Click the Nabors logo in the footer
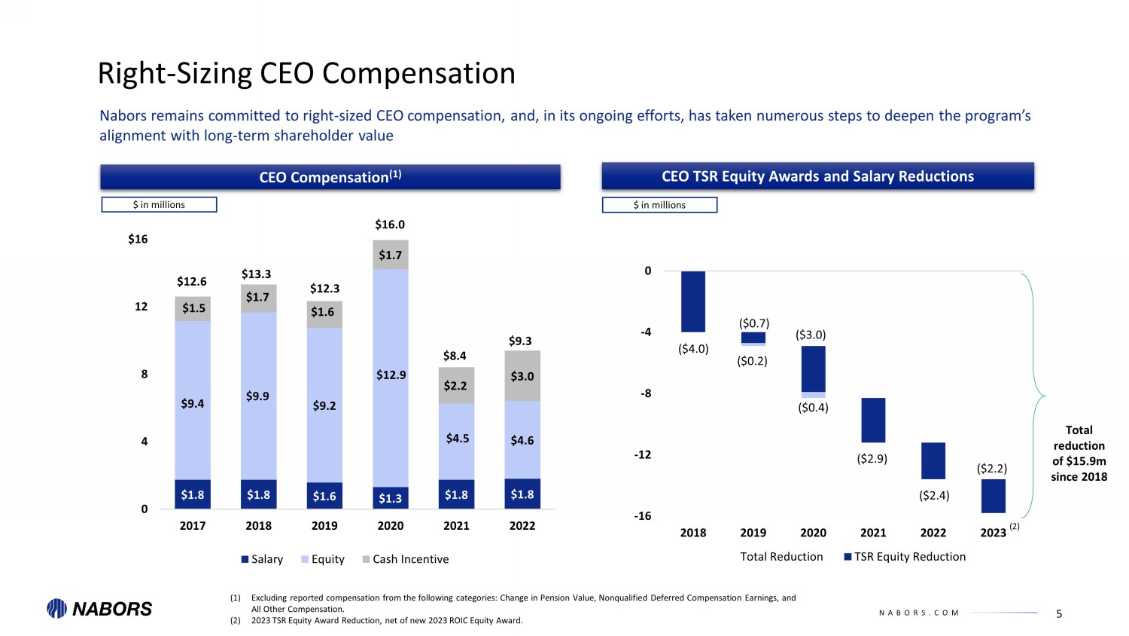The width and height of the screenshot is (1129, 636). [99, 609]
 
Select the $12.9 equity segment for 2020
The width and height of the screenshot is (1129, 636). [391, 377]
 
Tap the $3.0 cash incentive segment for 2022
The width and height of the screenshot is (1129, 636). [522, 376]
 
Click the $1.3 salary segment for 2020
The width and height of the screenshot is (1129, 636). [391, 498]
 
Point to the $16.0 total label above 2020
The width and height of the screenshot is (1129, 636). [390, 225]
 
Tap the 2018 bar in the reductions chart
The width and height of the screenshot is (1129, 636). [693, 301]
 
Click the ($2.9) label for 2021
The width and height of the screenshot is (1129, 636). [872, 458]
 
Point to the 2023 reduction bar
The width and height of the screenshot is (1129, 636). [993, 496]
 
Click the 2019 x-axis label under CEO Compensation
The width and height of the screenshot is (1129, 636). [324, 526]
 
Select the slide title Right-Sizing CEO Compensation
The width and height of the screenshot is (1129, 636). [306, 74]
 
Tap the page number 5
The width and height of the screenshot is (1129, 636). [1059, 614]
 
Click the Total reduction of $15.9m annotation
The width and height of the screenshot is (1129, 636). [1079, 453]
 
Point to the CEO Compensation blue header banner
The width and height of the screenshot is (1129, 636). [330, 177]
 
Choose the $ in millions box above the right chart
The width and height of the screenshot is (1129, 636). [659, 205]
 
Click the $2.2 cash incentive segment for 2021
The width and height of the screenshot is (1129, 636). [456, 386]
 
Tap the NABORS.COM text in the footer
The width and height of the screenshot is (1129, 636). [919, 613]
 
